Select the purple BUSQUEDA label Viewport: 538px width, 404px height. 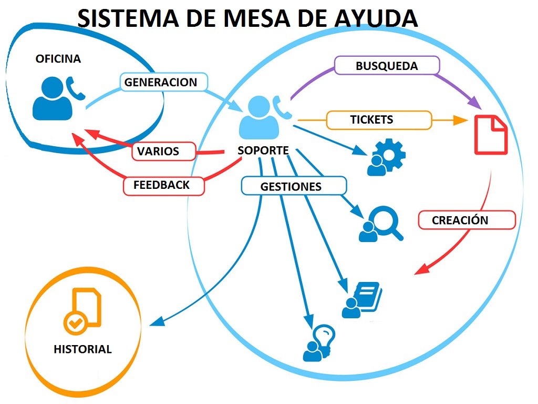tap(387, 66)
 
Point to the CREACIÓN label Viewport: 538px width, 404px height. tap(466, 220)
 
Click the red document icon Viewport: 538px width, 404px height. tap(491, 135)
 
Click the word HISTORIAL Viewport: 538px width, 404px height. tap(82, 349)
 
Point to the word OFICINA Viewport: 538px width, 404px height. tap(58, 59)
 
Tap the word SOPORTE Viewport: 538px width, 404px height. tap(263, 150)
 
